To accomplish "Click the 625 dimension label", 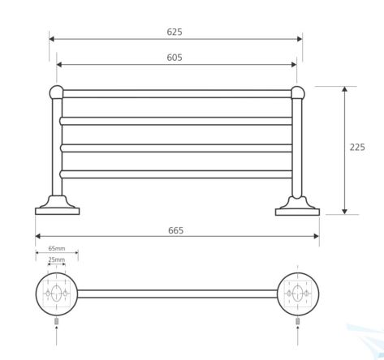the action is [x=175, y=32].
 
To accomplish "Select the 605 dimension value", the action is [x=175, y=58].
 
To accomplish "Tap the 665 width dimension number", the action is [x=176, y=230].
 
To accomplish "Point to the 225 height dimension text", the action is [x=357, y=148].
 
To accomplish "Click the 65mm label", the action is [x=57, y=248].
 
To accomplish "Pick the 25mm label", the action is [x=57, y=259].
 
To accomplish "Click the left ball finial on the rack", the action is [x=56, y=92].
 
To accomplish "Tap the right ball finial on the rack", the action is [x=298, y=92].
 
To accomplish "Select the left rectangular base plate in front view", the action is [x=58, y=211].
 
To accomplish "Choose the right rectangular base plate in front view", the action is [x=297, y=212].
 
